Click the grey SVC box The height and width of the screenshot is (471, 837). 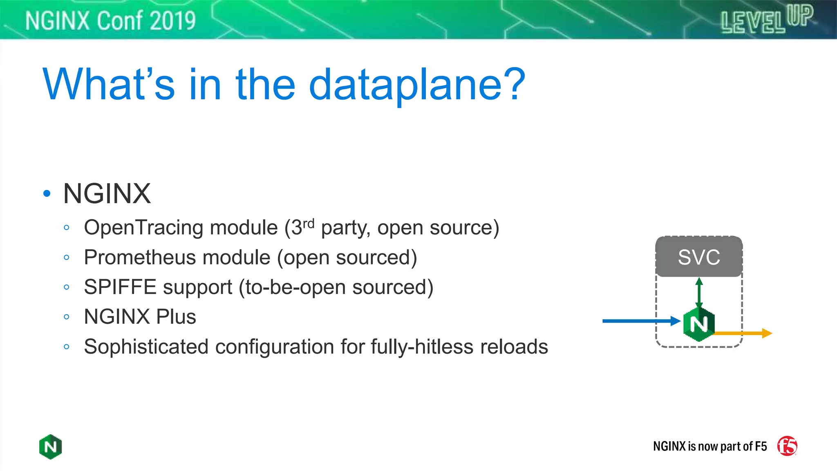[699, 257]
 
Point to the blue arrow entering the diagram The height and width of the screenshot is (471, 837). [638, 321]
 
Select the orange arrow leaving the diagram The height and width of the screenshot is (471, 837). [744, 333]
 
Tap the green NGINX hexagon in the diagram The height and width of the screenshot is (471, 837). [699, 324]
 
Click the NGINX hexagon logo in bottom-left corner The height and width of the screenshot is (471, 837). [50, 446]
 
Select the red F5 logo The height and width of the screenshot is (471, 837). [787, 446]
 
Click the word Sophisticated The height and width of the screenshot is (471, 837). [146, 347]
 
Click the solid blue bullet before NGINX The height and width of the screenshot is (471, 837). [47, 193]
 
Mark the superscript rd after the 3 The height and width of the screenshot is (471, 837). [309, 223]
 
